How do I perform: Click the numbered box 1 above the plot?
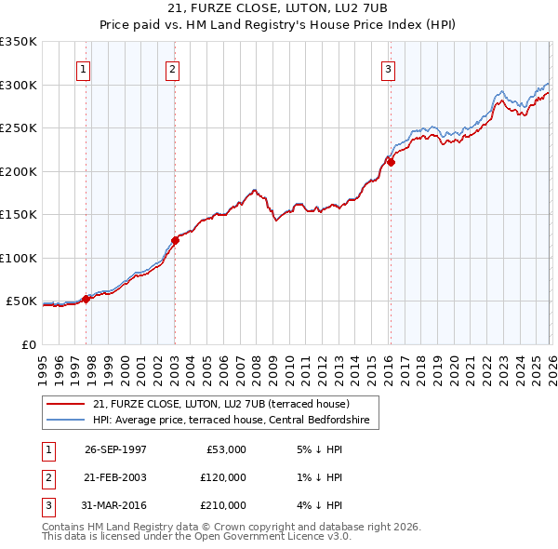coord(84,68)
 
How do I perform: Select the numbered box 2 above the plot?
coord(173,68)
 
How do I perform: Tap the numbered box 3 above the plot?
coord(388,68)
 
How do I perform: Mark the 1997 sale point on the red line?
coord(86,299)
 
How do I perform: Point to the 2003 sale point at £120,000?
coord(175,240)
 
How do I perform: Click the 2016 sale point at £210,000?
coord(391,162)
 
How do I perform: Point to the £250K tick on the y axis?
coord(19,128)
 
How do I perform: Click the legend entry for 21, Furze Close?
coord(220,404)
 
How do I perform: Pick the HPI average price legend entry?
coord(231,421)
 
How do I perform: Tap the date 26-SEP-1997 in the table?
coord(115,449)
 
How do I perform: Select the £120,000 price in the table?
coord(222,477)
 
